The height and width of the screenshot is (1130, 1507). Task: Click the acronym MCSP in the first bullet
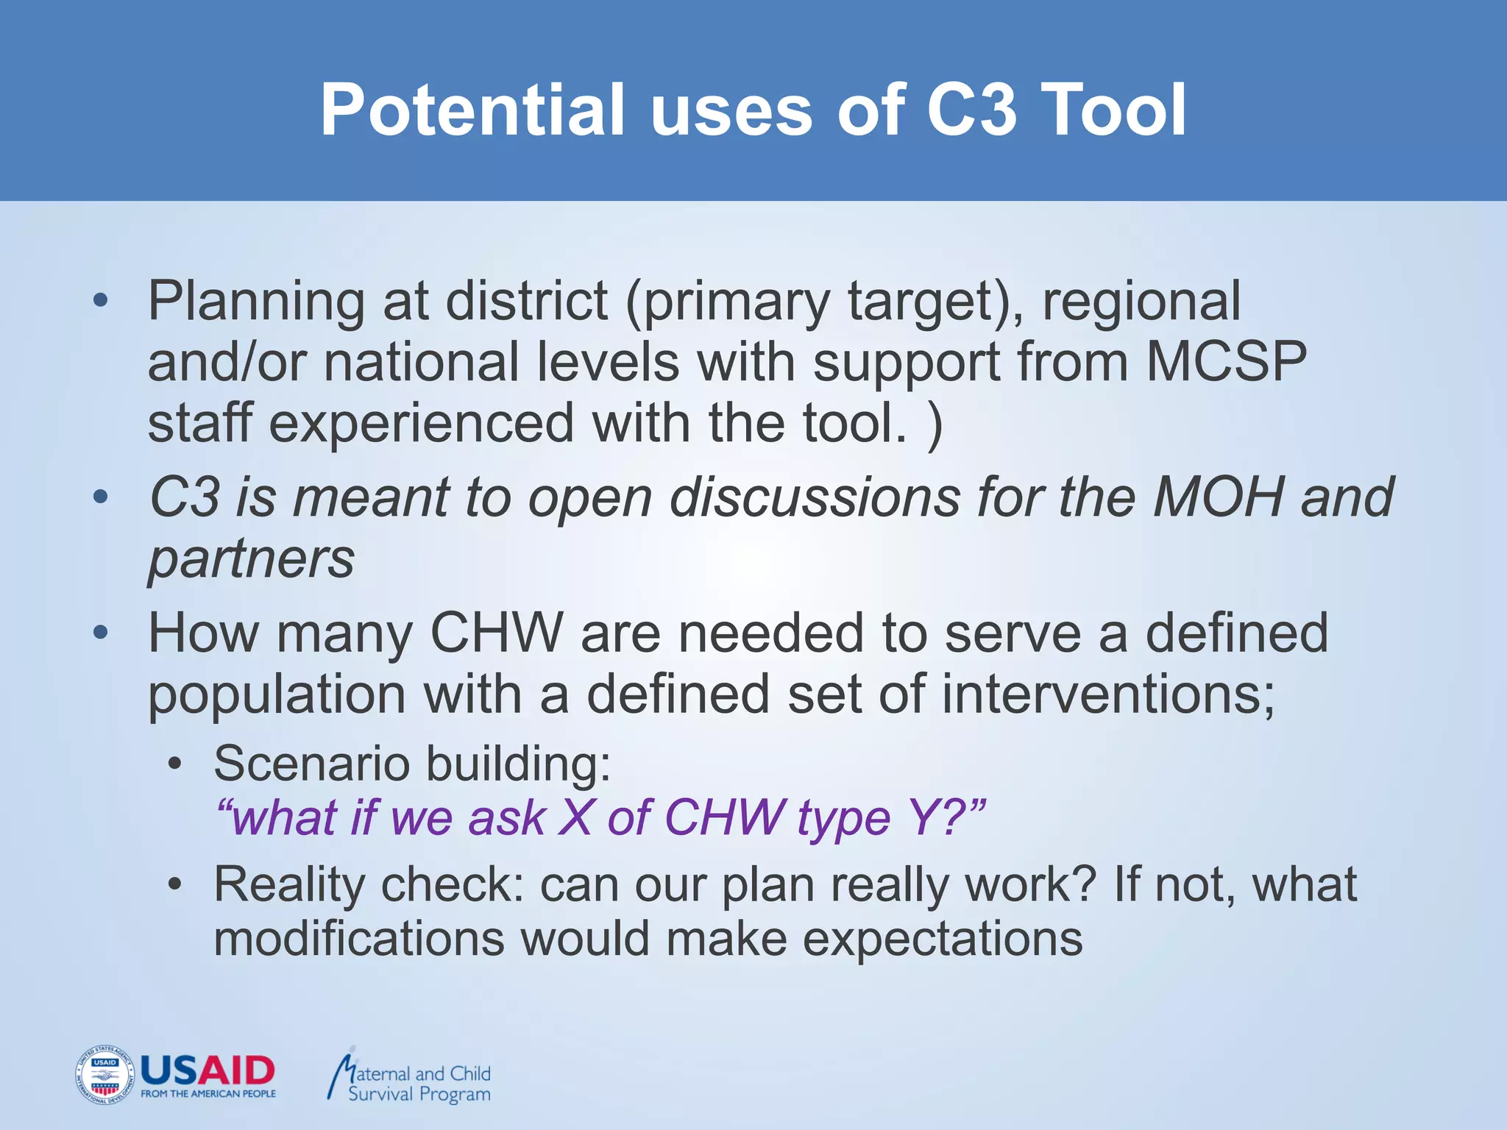1226,362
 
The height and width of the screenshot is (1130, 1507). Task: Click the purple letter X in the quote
575,817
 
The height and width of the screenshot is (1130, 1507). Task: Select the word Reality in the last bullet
288,884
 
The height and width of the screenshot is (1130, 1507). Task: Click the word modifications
359,939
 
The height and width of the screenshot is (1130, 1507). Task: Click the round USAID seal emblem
104,1075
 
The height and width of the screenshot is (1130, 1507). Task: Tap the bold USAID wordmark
207,1070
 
